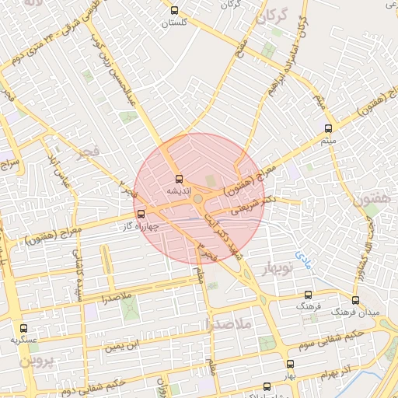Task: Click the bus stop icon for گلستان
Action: pyautogui.click(x=173, y=11)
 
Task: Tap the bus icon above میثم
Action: pyautogui.click(x=328, y=128)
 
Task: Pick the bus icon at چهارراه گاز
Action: pyautogui.click(x=141, y=214)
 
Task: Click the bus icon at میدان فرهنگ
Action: pyautogui.click(x=355, y=300)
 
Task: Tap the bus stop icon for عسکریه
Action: pyautogui.click(x=23, y=329)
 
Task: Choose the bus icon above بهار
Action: pyautogui.click(x=290, y=364)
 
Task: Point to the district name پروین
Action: pyautogui.click(x=33, y=362)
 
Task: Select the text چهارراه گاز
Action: pyautogui.click(x=141, y=226)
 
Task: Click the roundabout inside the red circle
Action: pyautogui.click(x=199, y=200)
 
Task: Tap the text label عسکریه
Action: pyautogui.click(x=23, y=340)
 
